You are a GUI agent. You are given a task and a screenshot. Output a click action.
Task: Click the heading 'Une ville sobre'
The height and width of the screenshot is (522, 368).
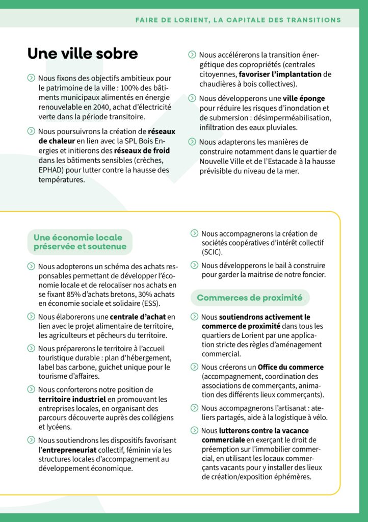pos(83,54)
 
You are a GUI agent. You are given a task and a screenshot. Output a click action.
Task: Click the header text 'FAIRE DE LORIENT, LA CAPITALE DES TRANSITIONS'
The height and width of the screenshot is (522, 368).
pos(238,20)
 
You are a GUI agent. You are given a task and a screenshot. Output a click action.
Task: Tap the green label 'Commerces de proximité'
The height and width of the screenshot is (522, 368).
pos(249,298)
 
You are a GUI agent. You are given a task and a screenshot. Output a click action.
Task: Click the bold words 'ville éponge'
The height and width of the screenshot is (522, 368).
pos(304,98)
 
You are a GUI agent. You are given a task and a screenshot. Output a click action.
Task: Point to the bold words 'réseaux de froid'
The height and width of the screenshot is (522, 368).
pos(142,151)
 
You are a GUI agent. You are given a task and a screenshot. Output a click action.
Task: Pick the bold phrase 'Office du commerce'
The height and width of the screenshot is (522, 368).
pos(291,367)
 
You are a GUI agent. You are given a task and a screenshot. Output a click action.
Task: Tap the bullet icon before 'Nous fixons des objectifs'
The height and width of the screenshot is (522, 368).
pos(31,78)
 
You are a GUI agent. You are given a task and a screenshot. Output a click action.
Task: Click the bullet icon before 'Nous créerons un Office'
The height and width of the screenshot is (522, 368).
pos(194,367)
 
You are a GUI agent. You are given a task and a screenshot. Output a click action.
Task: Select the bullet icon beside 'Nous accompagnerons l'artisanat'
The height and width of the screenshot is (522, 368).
pos(194,408)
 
